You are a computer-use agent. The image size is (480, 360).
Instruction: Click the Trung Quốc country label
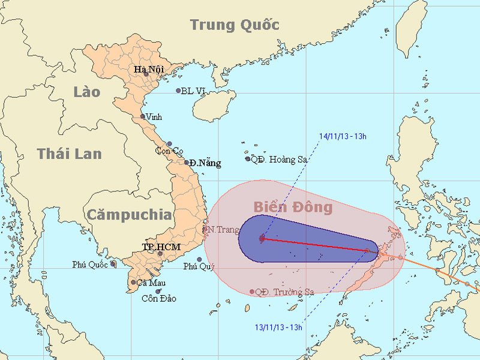(x=235, y=25)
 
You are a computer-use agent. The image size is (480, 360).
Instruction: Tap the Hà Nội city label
(x=148, y=70)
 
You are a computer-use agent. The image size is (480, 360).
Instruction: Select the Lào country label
(x=87, y=92)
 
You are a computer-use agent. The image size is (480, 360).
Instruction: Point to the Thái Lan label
(x=69, y=154)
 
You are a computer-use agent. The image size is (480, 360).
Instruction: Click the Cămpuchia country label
(x=128, y=214)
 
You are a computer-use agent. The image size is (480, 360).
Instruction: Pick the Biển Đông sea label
(x=292, y=208)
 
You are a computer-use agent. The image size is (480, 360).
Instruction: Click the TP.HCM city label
(x=161, y=247)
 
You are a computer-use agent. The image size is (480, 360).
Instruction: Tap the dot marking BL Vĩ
(x=178, y=91)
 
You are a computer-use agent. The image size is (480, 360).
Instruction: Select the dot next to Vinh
(x=143, y=116)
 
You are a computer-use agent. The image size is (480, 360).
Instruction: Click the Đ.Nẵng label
(x=206, y=163)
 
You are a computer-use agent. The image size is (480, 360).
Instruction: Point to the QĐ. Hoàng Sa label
(x=278, y=159)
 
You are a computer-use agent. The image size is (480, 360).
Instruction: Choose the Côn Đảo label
(x=159, y=299)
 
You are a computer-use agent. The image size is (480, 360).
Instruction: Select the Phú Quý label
(x=199, y=266)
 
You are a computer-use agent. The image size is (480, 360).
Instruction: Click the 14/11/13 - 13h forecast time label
(x=343, y=136)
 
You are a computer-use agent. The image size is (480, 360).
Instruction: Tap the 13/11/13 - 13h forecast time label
(x=277, y=327)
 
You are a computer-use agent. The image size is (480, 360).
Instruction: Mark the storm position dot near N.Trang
(x=262, y=238)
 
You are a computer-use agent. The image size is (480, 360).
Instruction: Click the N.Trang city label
(x=220, y=229)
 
